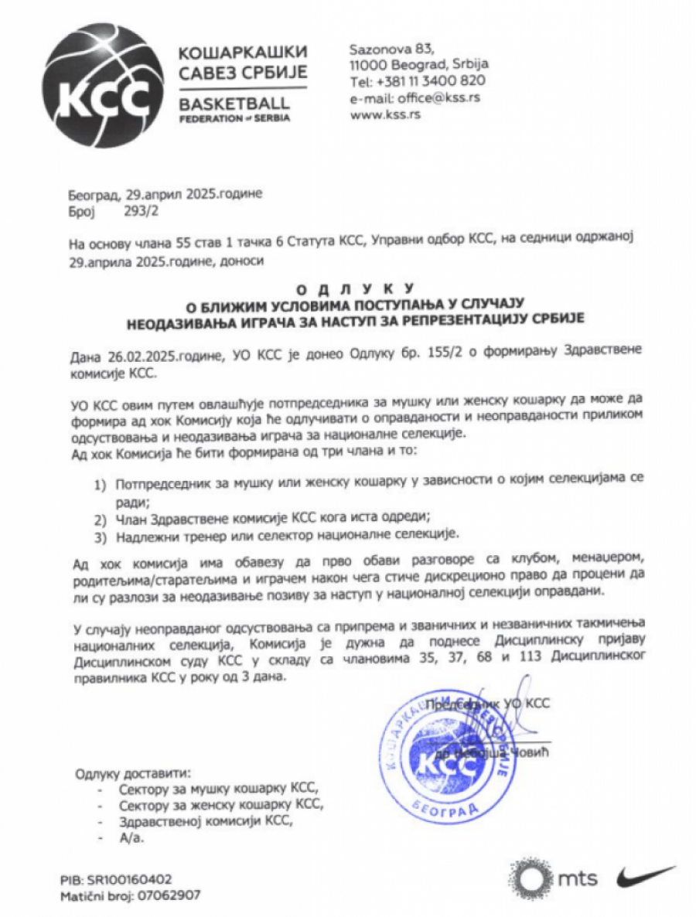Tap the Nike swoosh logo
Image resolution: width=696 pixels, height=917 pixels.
[x=645, y=877]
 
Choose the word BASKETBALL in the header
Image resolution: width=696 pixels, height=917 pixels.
[x=233, y=104]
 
